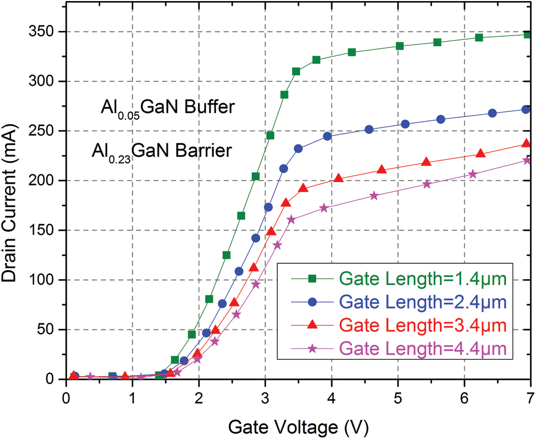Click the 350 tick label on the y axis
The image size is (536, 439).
[43, 32]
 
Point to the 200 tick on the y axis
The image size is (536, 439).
[43, 181]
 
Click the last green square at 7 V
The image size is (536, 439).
[527, 35]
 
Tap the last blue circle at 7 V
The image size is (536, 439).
[526, 109]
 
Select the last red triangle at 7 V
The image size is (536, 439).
[526, 143]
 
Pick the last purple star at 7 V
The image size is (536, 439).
[527, 160]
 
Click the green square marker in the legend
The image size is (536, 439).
[313, 278]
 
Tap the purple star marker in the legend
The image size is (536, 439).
[313, 348]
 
